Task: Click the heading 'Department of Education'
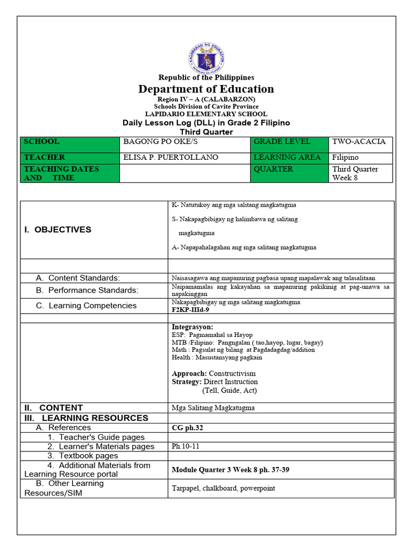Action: click(x=206, y=89)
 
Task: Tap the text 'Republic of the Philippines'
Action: click(x=206, y=77)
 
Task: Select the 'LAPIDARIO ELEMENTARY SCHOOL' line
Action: click(x=206, y=114)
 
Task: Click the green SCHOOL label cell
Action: click(x=70, y=142)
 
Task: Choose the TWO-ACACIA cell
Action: click(x=359, y=142)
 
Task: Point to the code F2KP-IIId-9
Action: click(x=190, y=310)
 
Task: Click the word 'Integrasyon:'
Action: click(x=193, y=327)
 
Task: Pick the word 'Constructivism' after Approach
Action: click(x=232, y=373)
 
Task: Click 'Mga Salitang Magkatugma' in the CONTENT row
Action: click(x=213, y=408)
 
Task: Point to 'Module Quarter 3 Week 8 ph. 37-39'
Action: click(x=230, y=470)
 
